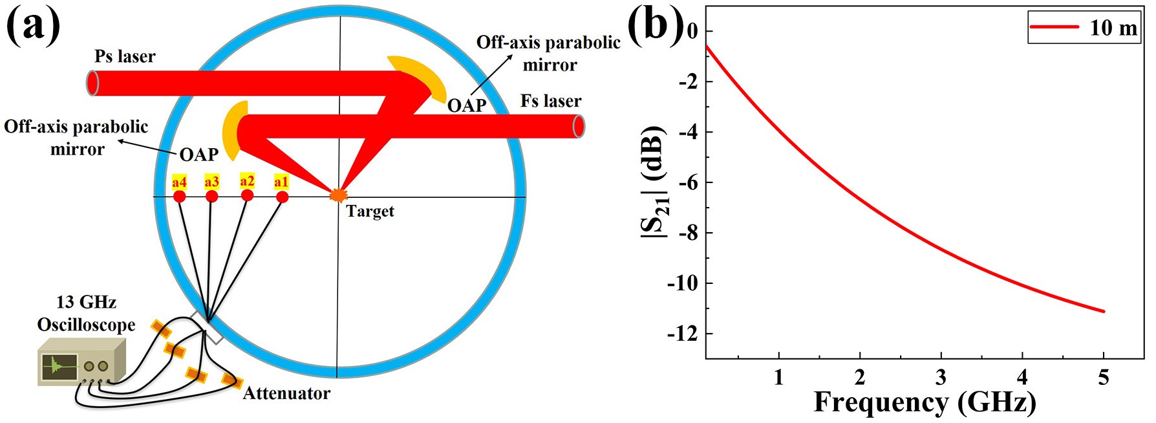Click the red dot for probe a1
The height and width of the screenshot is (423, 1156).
(x=282, y=197)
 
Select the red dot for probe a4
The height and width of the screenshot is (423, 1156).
(x=180, y=197)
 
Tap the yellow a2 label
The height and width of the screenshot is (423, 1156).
(x=247, y=181)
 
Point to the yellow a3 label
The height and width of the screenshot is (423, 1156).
(x=211, y=182)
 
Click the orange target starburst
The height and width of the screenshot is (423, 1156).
(x=337, y=194)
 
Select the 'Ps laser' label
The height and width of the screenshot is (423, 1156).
(x=125, y=57)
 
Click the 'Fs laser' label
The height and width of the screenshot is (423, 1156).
(x=551, y=102)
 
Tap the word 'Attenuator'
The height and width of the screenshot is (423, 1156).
(x=286, y=393)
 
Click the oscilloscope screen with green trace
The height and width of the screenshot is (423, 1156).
(x=59, y=367)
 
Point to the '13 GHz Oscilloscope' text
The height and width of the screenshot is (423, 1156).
(x=86, y=313)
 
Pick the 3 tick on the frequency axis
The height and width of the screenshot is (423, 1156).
(x=941, y=377)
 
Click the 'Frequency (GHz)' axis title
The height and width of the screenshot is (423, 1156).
(x=925, y=402)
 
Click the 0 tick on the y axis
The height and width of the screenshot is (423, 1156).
(x=692, y=31)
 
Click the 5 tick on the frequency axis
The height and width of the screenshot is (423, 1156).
(x=1103, y=377)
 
